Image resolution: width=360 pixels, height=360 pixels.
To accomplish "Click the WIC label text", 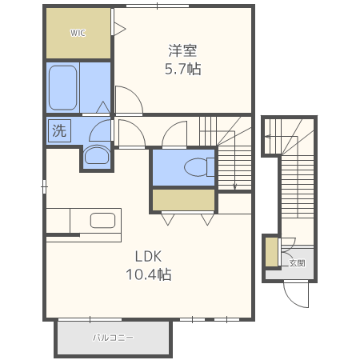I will pyautogui.click(x=78, y=33).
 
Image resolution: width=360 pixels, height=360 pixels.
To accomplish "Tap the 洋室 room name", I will pyautogui.click(x=182, y=50).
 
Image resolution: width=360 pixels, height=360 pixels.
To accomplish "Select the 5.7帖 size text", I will pyautogui.click(x=182, y=69).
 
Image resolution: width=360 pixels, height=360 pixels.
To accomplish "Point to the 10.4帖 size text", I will pyautogui.click(x=148, y=274).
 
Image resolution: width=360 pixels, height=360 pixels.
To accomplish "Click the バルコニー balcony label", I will pyautogui.click(x=113, y=338).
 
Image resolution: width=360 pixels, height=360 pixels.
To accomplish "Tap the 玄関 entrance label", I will pyautogui.click(x=296, y=262).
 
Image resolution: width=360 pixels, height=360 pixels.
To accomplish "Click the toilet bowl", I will pyautogui.click(x=195, y=167).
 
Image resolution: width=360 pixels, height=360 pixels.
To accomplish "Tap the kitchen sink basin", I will pyautogui.click(x=102, y=220).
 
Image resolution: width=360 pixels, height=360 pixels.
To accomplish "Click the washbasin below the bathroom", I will pyautogui.click(x=96, y=155).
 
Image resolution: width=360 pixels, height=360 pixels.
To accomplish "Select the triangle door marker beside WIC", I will pyautogui.click(x=119, y=29).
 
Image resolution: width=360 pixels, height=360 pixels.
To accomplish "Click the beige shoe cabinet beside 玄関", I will pyautogui.click(x=271, y=252).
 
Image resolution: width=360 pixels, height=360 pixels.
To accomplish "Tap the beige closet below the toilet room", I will pyautogui.click(x=183, y=199).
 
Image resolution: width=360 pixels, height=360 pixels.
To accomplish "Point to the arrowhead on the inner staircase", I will pyautogui.click(x=234, y=187).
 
